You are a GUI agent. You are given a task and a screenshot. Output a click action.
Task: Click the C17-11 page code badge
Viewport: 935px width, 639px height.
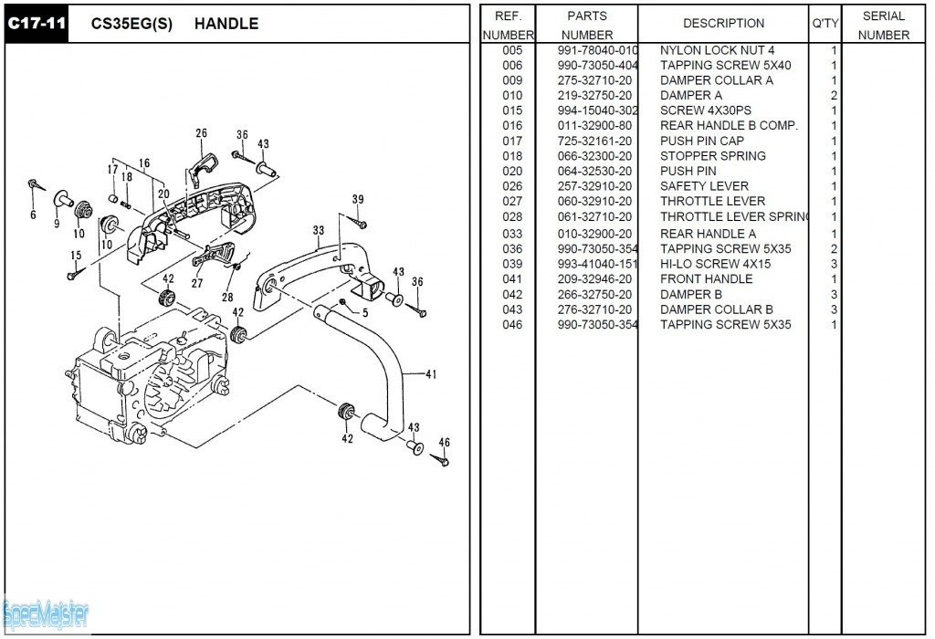click(37, 24)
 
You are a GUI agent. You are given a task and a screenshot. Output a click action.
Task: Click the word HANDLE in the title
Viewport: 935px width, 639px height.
click(226, 24)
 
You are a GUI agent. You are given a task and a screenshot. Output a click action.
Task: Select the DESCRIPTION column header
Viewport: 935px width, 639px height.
click(723, 23)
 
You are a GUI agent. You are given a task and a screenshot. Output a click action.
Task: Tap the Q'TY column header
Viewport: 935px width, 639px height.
click(825, 23)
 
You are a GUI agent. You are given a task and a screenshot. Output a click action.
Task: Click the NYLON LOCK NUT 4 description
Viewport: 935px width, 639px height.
click(717, 50)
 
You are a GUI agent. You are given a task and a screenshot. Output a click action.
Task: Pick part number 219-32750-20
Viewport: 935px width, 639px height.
click(594, 95)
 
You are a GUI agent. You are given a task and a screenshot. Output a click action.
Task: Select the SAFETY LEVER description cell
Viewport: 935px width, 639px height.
click(704, 186)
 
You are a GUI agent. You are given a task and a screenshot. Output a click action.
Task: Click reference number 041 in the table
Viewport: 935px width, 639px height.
click(512, 279)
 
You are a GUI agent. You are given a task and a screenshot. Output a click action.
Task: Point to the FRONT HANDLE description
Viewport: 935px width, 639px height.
click(706, 279)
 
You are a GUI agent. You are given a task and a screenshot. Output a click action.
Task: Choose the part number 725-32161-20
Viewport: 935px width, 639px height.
click(594, 141)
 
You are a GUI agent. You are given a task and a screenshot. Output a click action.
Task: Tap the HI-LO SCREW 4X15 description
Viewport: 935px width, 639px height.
click(715, 264)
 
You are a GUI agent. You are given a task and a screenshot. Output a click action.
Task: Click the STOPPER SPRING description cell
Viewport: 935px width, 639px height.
click(713, 156)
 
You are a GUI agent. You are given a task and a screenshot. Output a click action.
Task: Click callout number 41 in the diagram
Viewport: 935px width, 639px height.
click(431, 373)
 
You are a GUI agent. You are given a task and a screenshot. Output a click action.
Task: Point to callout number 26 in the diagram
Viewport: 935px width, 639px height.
click(201, 133)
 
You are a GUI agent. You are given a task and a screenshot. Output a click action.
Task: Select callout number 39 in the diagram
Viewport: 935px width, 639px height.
click(358, 200)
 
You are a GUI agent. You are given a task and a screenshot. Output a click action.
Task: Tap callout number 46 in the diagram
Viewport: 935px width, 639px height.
click(444, 442)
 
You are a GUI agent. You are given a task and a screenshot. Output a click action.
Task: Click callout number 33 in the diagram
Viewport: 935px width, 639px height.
click(318, 230)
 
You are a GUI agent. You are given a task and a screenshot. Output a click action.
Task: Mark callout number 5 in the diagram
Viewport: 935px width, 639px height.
click(365, 312)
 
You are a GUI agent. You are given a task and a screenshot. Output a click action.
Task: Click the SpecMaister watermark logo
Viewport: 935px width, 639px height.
click(46, 613)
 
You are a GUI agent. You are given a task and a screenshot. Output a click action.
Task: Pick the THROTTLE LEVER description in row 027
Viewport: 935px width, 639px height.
click(712, 202)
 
